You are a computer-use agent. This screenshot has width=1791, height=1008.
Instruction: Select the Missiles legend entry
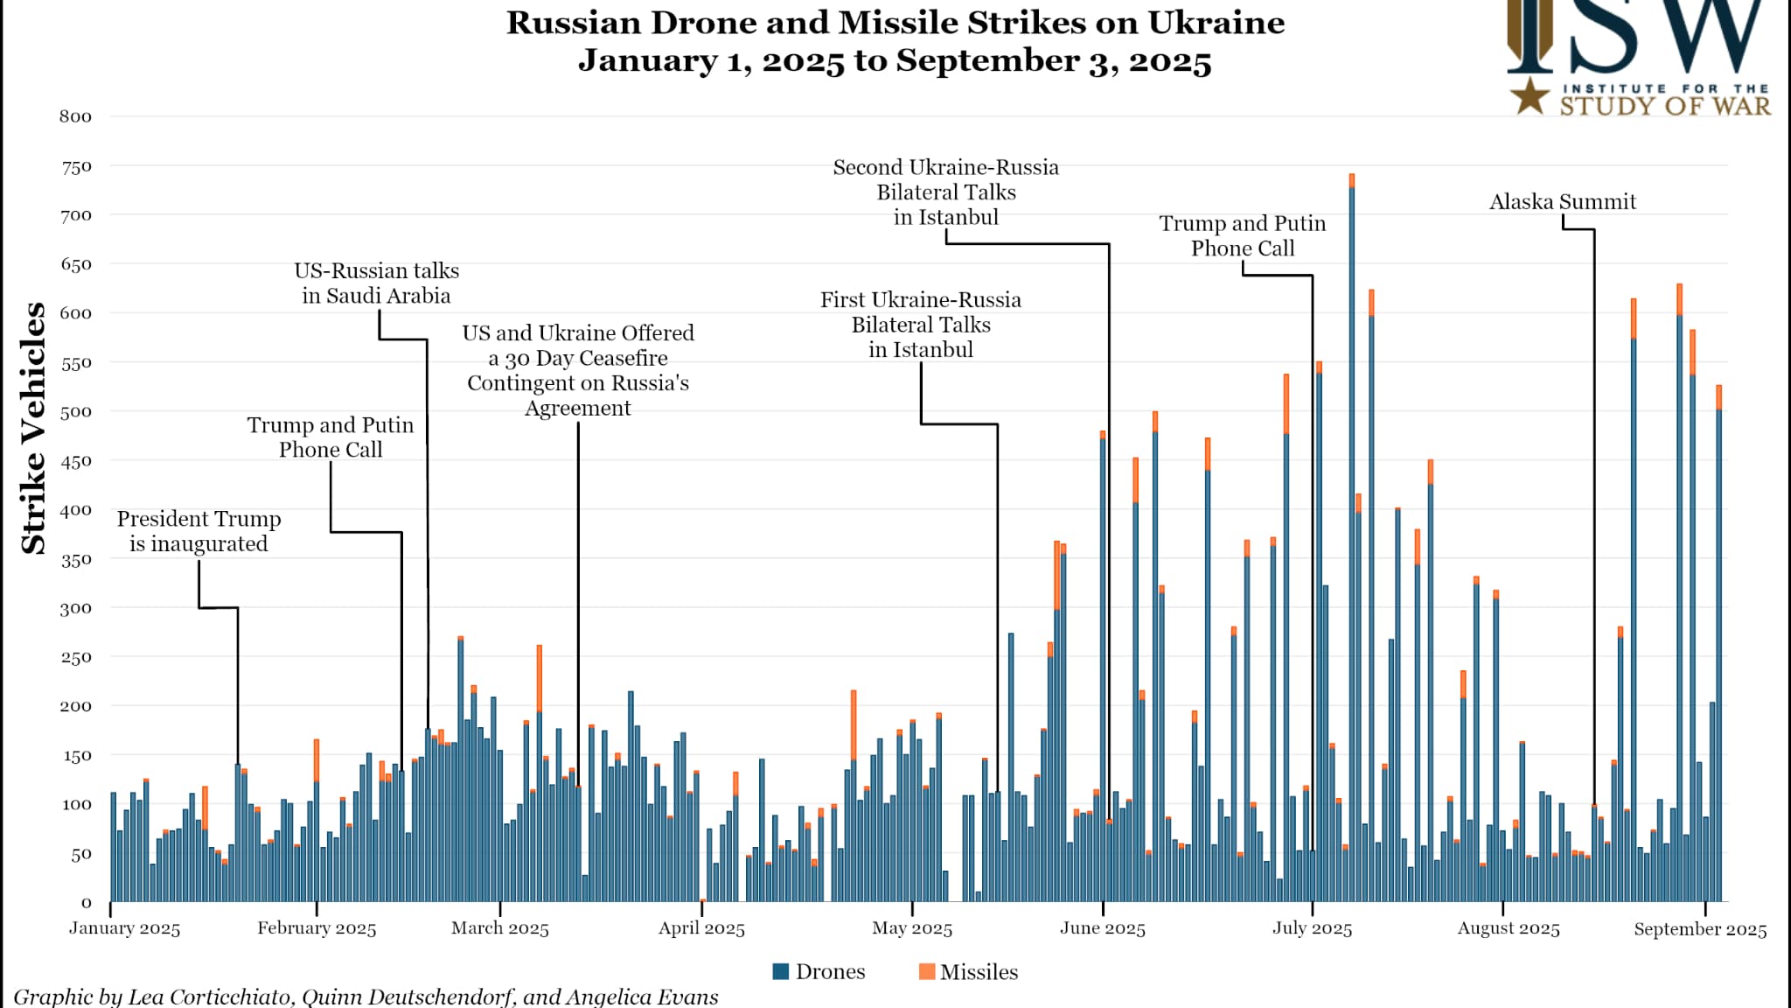(968, 971)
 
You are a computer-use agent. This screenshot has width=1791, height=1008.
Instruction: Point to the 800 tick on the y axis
(75, 116)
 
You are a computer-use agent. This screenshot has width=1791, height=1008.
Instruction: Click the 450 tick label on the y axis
(75, 461)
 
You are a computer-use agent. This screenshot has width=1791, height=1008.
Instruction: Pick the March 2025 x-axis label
(499, 928)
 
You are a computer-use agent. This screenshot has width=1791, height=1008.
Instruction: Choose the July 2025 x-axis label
(1312, 928)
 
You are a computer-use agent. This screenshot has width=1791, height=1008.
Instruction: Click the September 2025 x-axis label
(1700, 929)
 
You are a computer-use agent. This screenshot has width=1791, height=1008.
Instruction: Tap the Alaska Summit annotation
(1562, 202)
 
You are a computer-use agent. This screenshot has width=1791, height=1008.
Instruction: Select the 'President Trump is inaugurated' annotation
(199, 531)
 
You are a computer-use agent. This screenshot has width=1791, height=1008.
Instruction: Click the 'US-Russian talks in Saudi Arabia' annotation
(376, 283)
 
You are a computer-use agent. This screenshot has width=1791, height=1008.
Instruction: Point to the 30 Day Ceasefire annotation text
(578, 370)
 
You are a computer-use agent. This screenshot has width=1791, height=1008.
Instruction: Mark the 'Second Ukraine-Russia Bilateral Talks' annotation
(945, 192)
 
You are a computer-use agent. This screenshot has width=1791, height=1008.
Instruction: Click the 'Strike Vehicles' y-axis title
(33, 428)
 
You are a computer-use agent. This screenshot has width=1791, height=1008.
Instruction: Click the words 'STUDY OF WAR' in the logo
(1665, 106)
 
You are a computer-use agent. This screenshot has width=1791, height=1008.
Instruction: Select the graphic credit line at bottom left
(366, 997)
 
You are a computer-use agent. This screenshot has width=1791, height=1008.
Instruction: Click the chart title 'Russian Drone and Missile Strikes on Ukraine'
(895, 23)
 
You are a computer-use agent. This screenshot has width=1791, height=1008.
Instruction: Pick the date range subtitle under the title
(895, 61)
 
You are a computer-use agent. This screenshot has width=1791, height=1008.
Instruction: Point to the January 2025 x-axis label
(124, 928)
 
